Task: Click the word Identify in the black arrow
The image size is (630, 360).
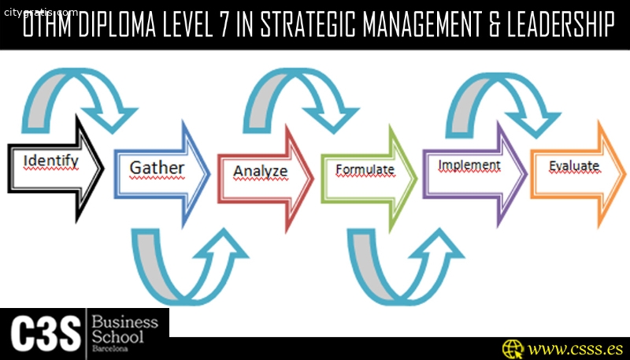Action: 51,162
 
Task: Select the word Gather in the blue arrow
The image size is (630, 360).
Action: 157,169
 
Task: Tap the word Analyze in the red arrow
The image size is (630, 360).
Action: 261,172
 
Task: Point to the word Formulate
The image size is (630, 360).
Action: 365,169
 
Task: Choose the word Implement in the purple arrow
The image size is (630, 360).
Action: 469,165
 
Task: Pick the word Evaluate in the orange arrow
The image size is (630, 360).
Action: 575,166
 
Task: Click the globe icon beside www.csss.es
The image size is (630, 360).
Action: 513,349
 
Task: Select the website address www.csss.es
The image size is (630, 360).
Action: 576,349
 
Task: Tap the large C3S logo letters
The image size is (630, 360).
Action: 45,333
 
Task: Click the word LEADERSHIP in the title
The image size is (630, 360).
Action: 560,25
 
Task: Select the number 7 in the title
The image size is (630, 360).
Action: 224,25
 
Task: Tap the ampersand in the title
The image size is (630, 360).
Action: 491,25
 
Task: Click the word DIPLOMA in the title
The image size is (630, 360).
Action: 117,25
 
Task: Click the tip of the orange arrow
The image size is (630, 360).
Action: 625,174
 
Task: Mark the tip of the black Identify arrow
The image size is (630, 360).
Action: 104,169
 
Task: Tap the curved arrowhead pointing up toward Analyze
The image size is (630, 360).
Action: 224,242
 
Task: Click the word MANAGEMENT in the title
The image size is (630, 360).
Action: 420,25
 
